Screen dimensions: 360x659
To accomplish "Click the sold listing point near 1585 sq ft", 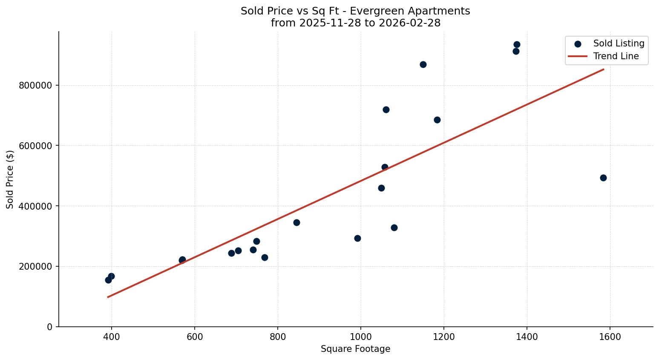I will tap(603, 178).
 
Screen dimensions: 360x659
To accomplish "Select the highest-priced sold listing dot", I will tap(517, 44).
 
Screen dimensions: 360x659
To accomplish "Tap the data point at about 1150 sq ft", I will tap(423, 64).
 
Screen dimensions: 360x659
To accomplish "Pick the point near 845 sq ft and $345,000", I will tap(296, 222).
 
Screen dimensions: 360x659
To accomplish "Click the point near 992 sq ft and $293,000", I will tap(357, 238).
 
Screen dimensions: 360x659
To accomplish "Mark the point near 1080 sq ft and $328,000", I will tap(394, 228).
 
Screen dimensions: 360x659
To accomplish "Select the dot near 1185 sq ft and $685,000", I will tap(437, 120).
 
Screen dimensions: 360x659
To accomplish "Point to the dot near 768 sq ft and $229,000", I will tap(265, 257).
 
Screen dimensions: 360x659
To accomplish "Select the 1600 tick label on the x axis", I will tap(610, 337).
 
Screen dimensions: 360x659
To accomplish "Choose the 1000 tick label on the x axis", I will tap(361, 337).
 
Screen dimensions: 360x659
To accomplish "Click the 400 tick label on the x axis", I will tap(112, 337).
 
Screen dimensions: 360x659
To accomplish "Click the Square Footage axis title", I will tap(355, 349).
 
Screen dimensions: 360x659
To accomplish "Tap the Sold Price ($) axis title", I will tap(10, 179).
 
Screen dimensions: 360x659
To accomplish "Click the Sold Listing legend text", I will tap(619, 43).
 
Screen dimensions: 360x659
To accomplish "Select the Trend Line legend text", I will tap(616, 56).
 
